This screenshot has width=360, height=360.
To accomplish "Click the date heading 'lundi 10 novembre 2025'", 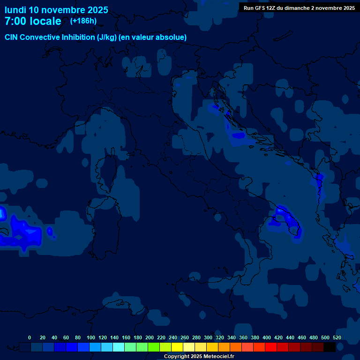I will pos(56,10).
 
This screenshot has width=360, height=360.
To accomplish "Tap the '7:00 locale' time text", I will pos(33,22).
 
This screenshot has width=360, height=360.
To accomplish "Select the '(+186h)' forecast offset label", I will pos(83,21).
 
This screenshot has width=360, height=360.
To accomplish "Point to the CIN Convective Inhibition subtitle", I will pos(96,37).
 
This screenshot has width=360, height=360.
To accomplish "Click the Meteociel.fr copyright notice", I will pos(199,356).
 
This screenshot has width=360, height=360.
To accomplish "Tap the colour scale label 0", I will pos(30,337).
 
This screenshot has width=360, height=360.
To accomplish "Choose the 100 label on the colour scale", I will pos(91,337).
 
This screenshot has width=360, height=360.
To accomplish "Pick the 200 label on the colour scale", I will pos(150,337).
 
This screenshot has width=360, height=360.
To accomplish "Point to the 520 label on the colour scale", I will pos(337,337).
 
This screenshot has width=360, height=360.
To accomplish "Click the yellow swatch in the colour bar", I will pos(177,347).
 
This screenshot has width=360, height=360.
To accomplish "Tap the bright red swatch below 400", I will pos(271,347).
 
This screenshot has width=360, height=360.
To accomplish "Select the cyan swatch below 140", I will pos(119,347).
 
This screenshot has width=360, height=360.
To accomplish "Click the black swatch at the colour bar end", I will pos(330,347).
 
